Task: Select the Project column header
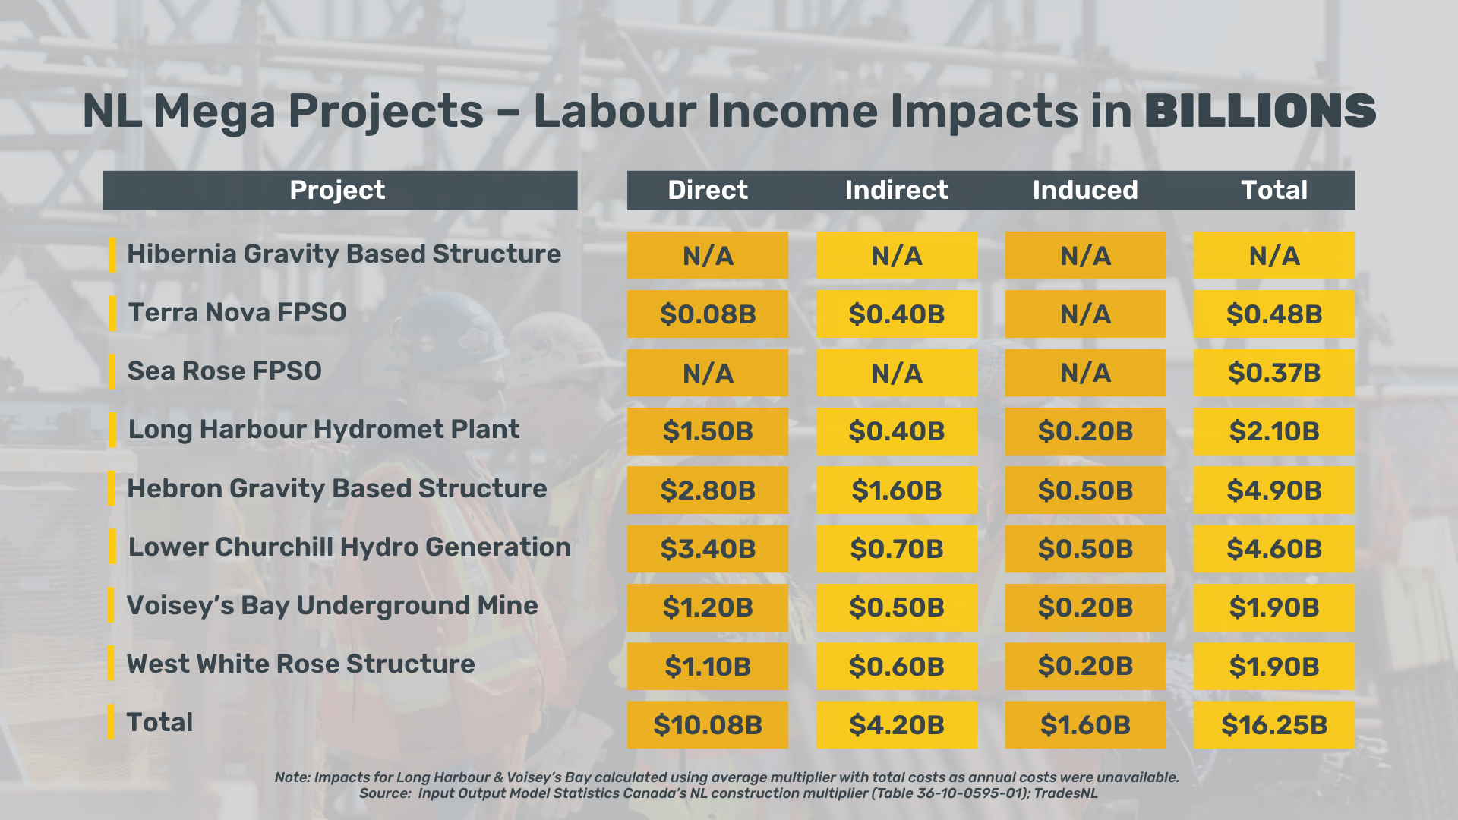pyautogui.click(x=337, y=190)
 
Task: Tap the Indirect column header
pyautogui.click(x=896, y=190)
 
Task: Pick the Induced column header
pyautogui.click(x=1085, y=190)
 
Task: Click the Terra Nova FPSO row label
pyautogui.click(x=237, y=312)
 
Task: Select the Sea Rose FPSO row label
pyautogui.click(x=224, y=371)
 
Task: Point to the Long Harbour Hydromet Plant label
pyautogui.click(x=323, y=429)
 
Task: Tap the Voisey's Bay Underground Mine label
pyautogui.click(x=332, y=605)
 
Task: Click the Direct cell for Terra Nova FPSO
pyautogui.click(x=708, y=314)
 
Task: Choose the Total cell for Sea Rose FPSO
pyautogui.click(x=1273, y=373)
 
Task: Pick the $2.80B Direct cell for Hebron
pyautogui.click(x=708, y=490)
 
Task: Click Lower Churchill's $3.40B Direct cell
pyautogui.click(x=708, y=548)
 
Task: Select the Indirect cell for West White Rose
pyautogui.click(x=896, y=666)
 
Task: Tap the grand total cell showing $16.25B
pyautogui.click(x=1273, y=724)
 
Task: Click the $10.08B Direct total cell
pyautogui.click(x=708, y=724)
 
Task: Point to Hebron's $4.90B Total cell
pyautogui.click(x=1273, y=490)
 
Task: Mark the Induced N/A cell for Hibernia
pyautogui.click(x=1085, y=255)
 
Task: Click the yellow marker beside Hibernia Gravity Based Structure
pyautogui.click(x=112, y=255)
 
